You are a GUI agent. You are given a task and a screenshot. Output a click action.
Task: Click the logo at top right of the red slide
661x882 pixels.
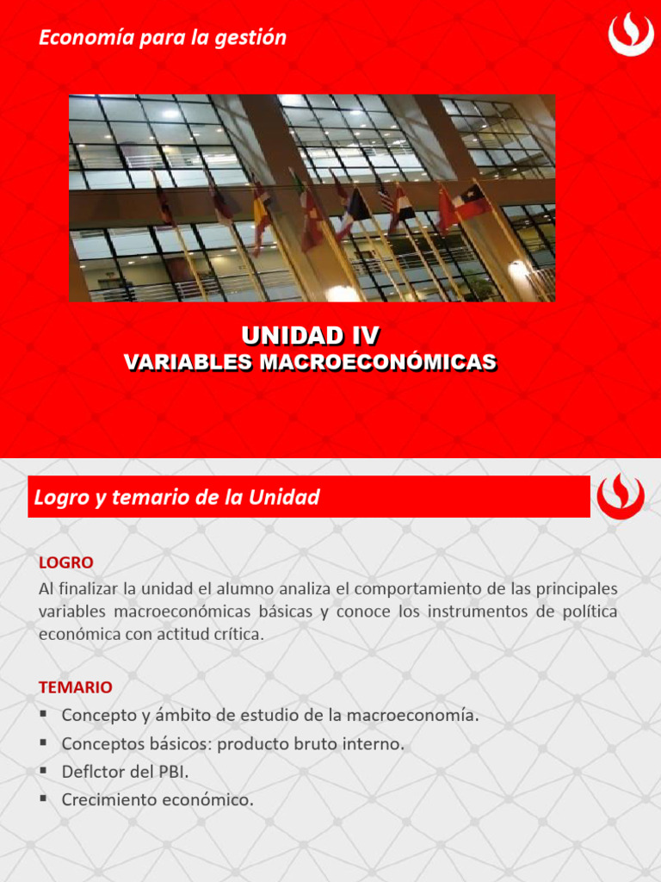(x=631, y=34)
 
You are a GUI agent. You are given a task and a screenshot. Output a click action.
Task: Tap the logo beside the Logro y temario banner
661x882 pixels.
(x=620, y=497)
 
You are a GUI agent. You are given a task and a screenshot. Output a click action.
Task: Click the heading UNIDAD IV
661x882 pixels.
(x=311, y=335)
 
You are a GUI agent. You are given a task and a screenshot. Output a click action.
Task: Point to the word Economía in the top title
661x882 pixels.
(x=80, y=38)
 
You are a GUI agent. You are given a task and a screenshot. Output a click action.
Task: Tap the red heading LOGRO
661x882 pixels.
(x=66, y=562)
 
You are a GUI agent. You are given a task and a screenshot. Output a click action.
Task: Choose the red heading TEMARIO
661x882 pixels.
(x=76, y=687)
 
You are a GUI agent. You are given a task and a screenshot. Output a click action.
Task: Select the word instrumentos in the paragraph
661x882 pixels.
(x=465, y=612)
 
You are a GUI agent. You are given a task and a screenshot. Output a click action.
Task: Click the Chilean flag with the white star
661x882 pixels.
(x=471, y=201)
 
